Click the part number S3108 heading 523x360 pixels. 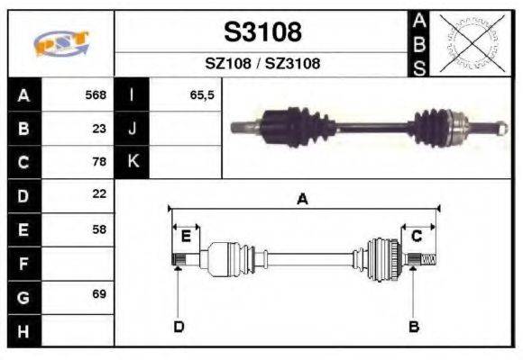click(262, 32)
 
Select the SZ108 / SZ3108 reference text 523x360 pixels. click(262, 64)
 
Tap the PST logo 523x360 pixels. click(61, 43)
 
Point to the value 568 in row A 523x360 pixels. click(96, 94)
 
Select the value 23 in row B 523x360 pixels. click(99, 128)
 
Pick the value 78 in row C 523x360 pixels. click(99, 162)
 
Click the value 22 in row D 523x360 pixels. click(99, 194)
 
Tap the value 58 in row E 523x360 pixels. click(99, 229)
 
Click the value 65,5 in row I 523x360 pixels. click(202, 94)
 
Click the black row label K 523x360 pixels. click(132, 162)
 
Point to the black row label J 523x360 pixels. click(132, 128)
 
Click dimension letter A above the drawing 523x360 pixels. click(303, 200)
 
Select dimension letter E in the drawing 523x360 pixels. click(186, 236)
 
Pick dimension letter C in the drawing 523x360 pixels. click(417, 236)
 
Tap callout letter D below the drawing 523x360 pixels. click(179, 326)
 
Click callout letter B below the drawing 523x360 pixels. click(413, 326)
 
